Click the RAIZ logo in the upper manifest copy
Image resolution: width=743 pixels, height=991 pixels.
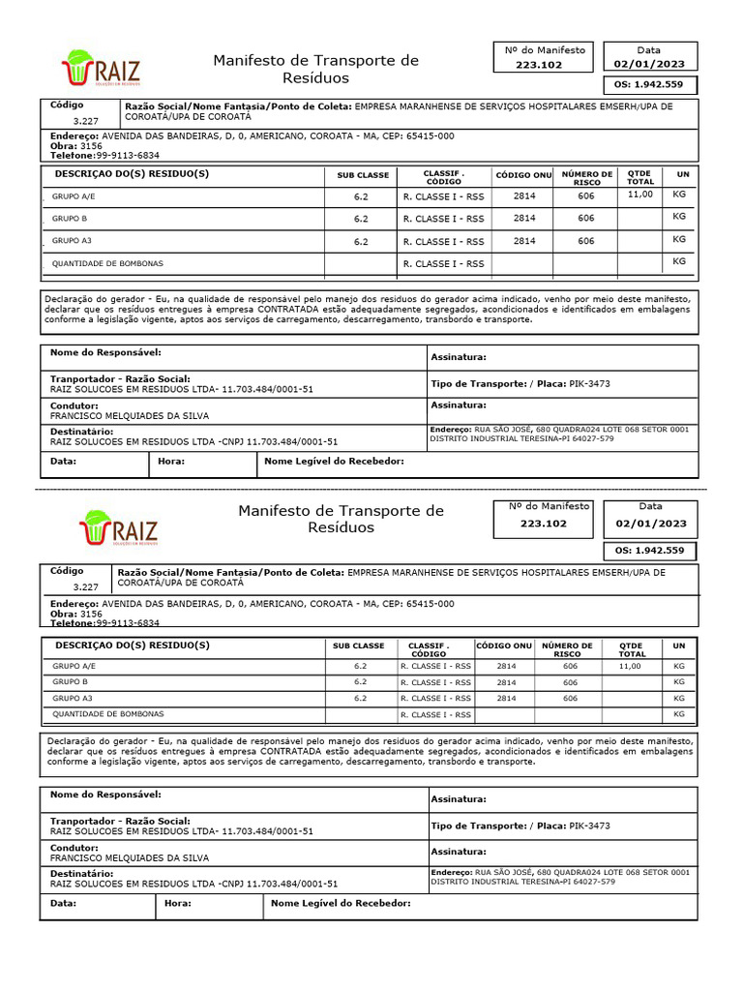[x=101, y=68]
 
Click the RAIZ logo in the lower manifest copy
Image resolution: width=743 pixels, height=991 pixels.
[x=118, y=527]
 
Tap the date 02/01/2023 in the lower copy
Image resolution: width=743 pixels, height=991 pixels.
[x=650, y=524]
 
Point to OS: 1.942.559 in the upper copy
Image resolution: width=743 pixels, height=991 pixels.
[x=649, y=84]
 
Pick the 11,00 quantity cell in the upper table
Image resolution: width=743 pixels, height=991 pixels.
[x=640, y=195]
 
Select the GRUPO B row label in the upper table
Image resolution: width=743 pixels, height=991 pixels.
[x=70, y=219]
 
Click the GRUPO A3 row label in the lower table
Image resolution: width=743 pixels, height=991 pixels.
[x=72, y=698]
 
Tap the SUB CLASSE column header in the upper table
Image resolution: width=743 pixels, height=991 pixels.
[x=363, y=175]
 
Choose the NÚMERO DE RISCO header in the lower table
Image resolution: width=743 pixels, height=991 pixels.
[x=568, y=649]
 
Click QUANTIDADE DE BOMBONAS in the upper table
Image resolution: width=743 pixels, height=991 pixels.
[x=107, y=263]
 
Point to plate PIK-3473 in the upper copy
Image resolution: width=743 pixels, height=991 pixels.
[x=589, y=384]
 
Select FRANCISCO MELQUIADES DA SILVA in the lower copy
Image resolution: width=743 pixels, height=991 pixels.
[x=129, y=857]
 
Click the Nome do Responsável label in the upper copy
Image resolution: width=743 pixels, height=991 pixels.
[x=105, y=353]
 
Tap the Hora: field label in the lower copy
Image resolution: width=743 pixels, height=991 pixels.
[x=178, y=904]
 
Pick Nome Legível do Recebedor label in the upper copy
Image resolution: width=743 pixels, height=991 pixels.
[x=334, y=462]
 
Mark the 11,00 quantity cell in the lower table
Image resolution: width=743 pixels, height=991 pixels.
[x=630, y=666]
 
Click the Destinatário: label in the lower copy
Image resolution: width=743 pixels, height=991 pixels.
[x=82, y=873]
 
